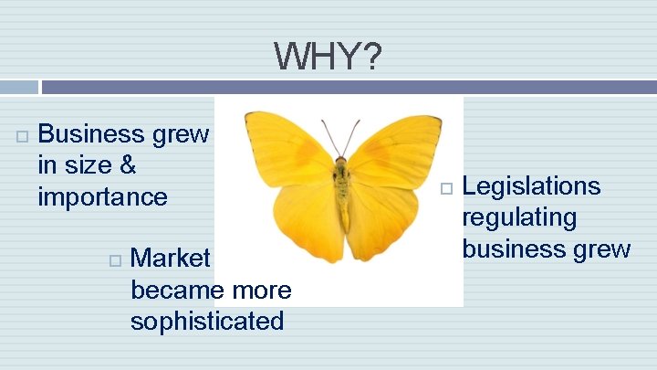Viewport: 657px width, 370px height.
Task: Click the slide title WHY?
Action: coord(328,58)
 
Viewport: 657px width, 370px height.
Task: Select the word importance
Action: coord(103,196)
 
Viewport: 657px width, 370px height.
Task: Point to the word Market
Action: coord(171,258)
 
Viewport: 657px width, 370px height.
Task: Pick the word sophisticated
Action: coord(207,321)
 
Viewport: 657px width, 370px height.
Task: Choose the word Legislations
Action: coord(532,186)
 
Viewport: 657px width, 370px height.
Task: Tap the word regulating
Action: coord(520,217)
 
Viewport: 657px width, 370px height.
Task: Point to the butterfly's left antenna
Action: coord(328,136)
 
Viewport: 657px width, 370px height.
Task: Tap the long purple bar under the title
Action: coord(347,88)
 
